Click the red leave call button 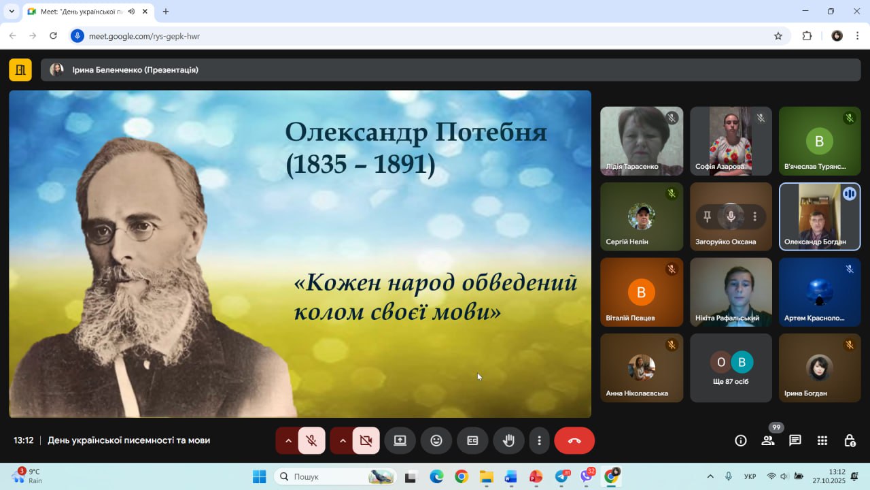(574, 440)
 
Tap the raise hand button (508, 440)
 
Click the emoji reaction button (436, 440)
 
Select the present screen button (400, 440)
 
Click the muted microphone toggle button (311, 440)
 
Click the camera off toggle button (366, 440)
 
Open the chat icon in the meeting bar (795, 440)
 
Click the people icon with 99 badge (768, 440)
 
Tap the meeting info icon (741, 440)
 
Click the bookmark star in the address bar (778, 36)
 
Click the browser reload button (53, 36)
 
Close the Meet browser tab (145, 12)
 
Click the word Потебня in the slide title (491, 133)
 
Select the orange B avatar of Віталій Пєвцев (641, 292)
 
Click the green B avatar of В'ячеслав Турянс (820, 141)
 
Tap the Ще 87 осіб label (731, 382)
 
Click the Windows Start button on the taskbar (260, 476)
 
